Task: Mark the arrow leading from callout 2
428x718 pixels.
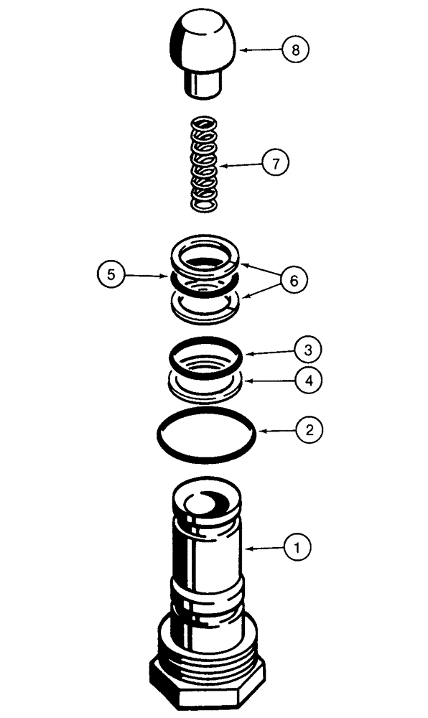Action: [276, 431]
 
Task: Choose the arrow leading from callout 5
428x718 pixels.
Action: [147, 274]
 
